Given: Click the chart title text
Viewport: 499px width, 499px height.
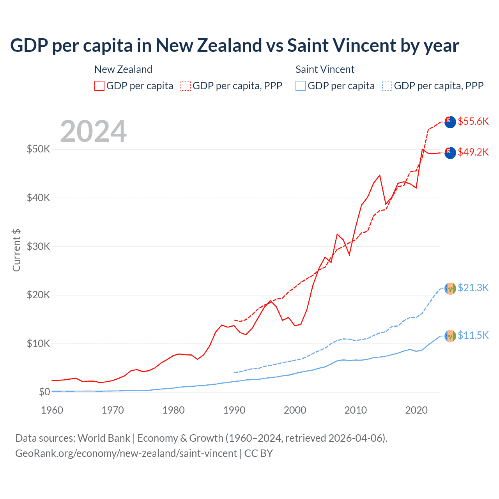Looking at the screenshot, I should (x=234, y=46).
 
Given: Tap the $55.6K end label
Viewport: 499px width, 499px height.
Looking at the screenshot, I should (x=473, y=121).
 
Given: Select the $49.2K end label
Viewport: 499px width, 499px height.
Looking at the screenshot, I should (x=473, y=152).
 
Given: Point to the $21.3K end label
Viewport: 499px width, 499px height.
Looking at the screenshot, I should (x=473, y=288).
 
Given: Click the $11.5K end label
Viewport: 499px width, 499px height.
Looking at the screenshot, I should (x=473, y=335).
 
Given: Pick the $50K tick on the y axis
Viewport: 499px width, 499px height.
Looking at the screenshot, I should (x=38, y=149).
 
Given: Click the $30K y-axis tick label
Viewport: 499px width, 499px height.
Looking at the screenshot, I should (x=38, y=246).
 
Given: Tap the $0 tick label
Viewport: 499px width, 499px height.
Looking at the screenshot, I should (x=44, y=392).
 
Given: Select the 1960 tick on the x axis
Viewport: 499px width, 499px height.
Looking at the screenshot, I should (x=52, y=410).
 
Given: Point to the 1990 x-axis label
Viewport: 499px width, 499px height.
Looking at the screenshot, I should (x=234, y=410).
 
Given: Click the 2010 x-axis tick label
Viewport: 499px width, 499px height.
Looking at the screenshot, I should (x=356, y=410).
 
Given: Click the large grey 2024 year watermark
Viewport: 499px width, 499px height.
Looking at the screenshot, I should (x=94, y=131).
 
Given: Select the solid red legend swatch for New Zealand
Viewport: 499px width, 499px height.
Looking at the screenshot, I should (x=99, y=86).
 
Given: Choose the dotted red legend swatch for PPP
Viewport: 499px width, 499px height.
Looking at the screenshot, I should (x=186, y=86).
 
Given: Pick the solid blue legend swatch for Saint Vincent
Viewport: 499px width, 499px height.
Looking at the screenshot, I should (x=301, y=86).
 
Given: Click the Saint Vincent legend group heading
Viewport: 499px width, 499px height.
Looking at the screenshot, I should (x=325, y=69).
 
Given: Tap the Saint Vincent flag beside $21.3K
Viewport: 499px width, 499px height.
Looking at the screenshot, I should (x=450, y=288).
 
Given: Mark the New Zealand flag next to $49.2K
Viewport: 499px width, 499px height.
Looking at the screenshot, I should (x=450, y=153).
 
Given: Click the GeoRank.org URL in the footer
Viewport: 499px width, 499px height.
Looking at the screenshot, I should (x=126, y=453).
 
